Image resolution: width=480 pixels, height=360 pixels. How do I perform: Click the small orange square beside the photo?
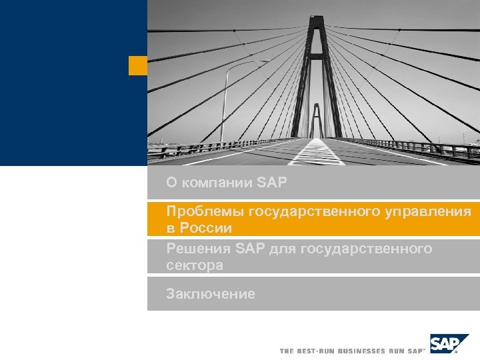(x=138, y=65)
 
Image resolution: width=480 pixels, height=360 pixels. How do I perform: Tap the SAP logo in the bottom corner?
(x=444, y=343)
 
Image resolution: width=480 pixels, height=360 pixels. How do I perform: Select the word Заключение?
(x=211, y=293)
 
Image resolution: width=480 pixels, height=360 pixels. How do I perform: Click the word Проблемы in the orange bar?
(x=205, y=212)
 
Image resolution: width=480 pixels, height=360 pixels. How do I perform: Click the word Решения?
(x=199, y=249)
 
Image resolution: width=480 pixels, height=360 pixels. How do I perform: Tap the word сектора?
(x=195, y=265)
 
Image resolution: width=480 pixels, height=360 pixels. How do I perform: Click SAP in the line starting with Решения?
(x=250, y=249)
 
